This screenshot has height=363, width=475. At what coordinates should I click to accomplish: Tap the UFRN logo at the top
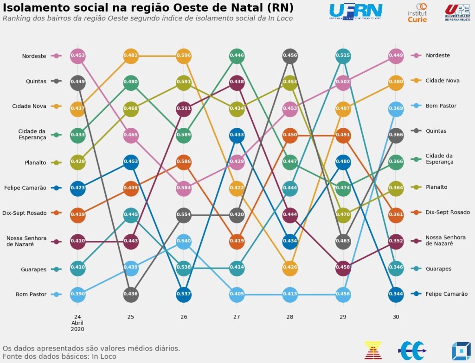coord(355,12)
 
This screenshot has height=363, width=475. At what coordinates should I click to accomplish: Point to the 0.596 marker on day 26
coord(184,56)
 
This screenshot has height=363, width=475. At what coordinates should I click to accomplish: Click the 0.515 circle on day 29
coord(343,56)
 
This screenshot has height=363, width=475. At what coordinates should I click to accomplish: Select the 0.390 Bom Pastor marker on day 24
coord(77,294)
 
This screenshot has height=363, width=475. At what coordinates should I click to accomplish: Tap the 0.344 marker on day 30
coord(396,294)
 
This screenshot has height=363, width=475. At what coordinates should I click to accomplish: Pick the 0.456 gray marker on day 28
coord(290,56)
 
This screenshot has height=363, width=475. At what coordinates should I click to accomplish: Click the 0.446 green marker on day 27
coord(237,56)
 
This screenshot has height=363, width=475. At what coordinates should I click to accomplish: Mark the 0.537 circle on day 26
coord(184,294)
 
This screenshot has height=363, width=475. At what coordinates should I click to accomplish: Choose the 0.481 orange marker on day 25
coord(131,56)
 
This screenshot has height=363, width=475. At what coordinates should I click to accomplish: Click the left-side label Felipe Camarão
coord(25,188)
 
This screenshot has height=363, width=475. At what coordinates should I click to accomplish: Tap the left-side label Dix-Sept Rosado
coord(24,213)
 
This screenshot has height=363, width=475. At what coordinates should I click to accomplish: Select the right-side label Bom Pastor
coord(441,106)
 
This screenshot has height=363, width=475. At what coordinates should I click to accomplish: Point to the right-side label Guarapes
coord(438,269)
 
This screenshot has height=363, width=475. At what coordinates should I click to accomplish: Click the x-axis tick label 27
coord(237,317)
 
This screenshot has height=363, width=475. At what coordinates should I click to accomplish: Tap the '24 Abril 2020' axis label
coord(77,323)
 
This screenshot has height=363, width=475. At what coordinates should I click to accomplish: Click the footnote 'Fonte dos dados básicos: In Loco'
coord(59,357)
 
